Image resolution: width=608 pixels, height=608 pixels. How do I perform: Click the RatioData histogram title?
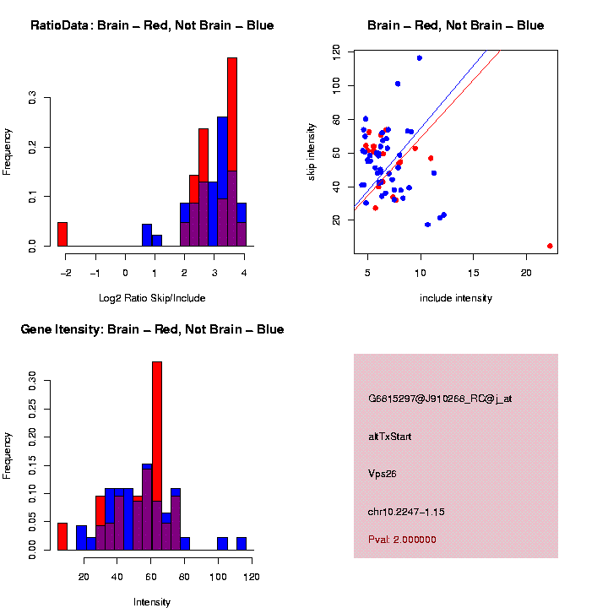click(152, 25)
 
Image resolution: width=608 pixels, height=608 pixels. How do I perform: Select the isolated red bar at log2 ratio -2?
click(62, 234)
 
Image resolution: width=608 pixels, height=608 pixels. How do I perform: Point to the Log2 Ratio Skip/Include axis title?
click(152, 298)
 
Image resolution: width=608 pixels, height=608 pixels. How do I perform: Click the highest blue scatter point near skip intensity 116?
click(420, 57)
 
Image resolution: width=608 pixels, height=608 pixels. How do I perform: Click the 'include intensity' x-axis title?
click(456, 298)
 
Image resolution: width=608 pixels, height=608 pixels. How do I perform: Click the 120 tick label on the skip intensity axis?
click(337, 52)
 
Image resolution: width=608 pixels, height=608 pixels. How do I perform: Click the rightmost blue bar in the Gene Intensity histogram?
click(242, 543)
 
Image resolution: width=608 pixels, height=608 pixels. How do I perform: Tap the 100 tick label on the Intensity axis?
click(218, 577)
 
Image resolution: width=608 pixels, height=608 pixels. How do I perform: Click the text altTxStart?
click(390, 437)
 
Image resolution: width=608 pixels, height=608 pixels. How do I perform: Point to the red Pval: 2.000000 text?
click(402, 540)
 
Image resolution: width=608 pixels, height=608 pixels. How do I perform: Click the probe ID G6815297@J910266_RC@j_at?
click(440, 399)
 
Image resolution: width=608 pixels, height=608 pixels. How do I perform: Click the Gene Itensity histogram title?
click(152, 329)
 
